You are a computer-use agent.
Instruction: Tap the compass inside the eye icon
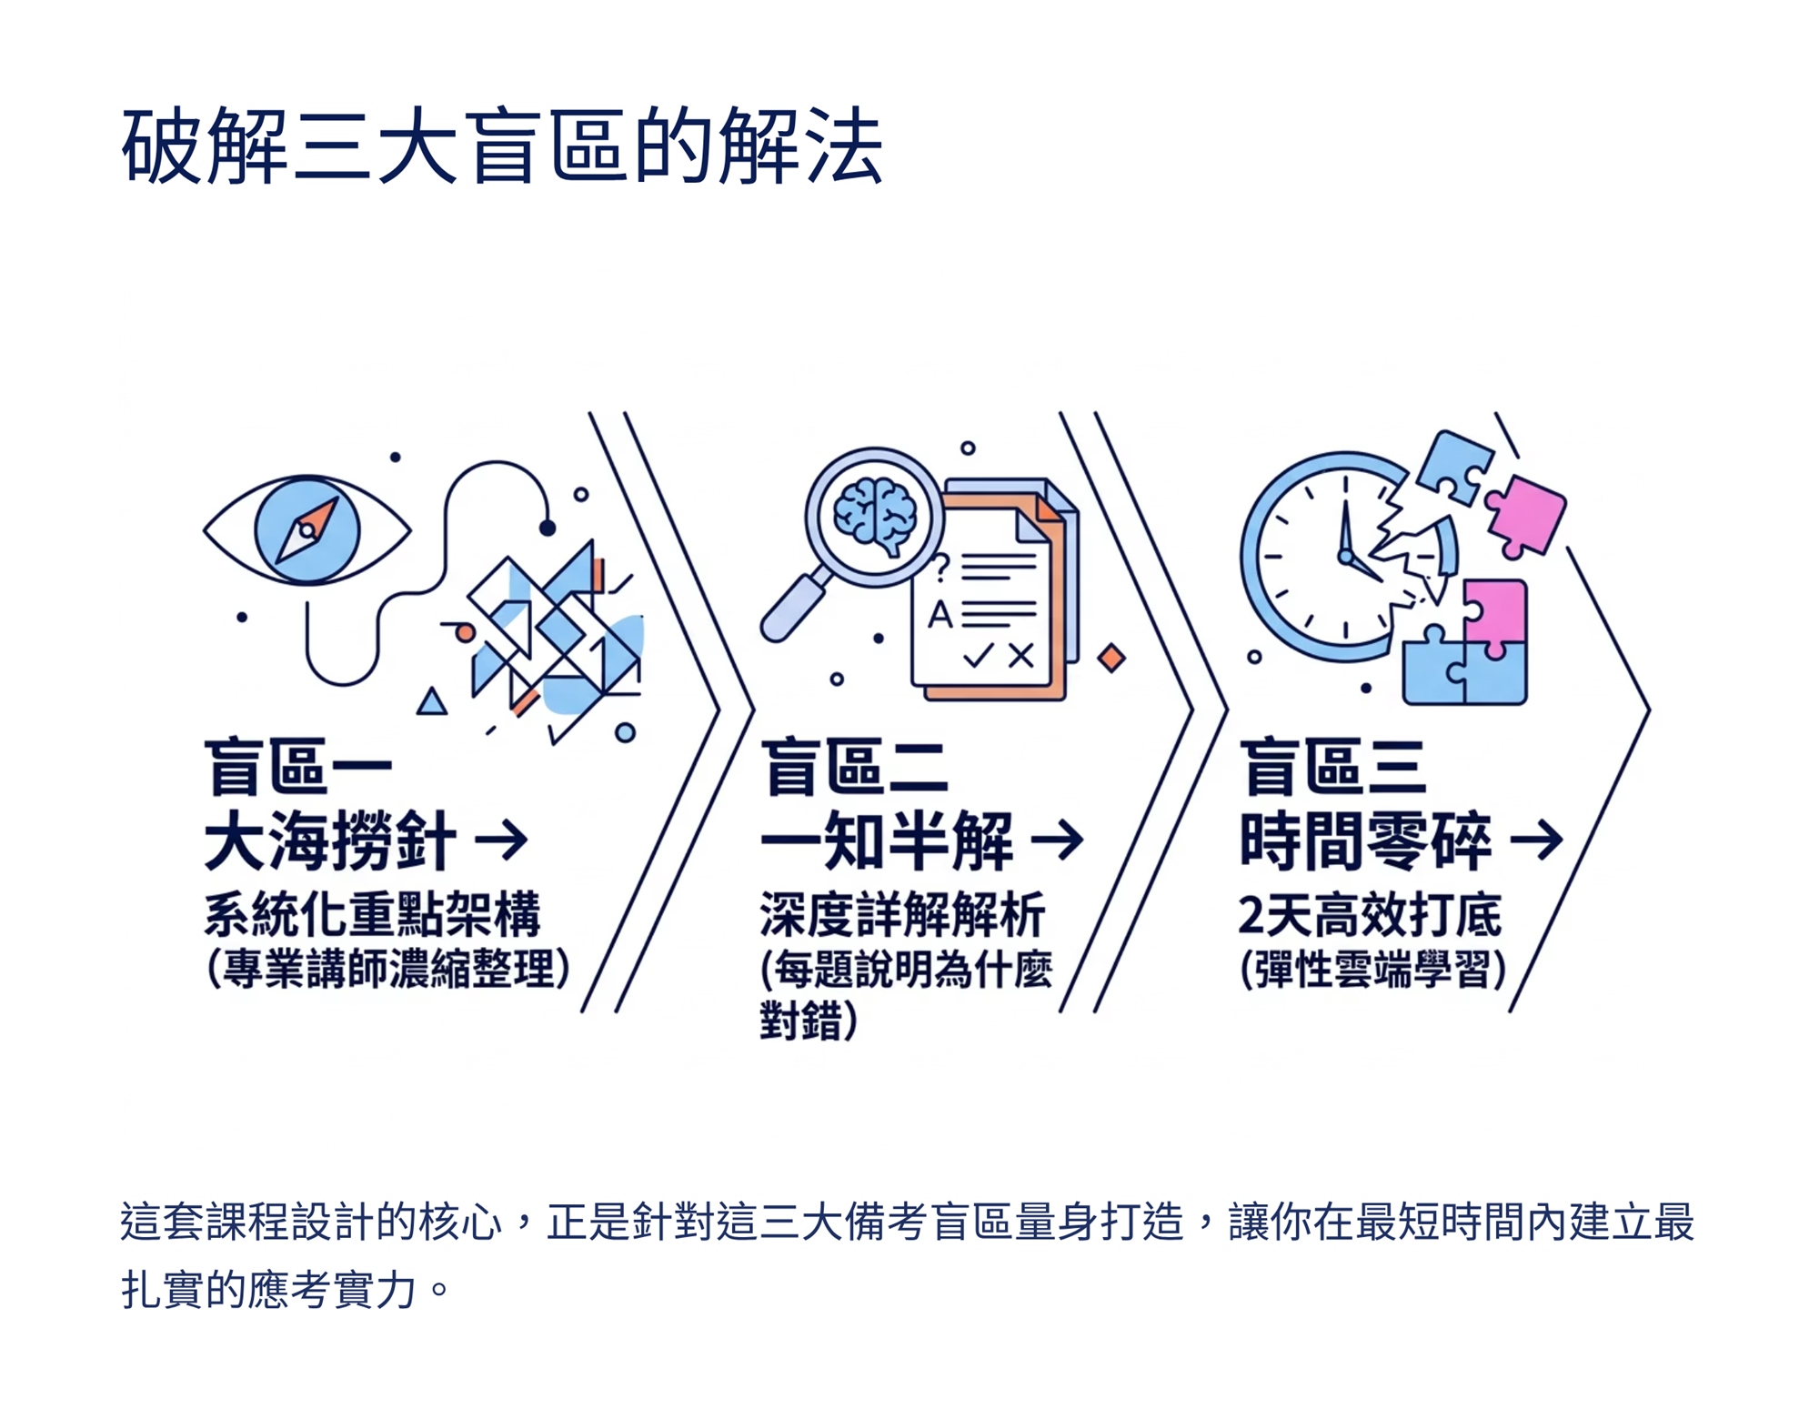[x=307, y=529]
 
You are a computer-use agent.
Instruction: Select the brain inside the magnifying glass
[x=875, y=515]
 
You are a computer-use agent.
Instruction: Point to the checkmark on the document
[x=978, y=656]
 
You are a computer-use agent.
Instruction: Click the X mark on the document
[x=1020, y=656]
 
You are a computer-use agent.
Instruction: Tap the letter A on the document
[x=940, y=615]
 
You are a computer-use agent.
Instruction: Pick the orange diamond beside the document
[x=1110, y=657]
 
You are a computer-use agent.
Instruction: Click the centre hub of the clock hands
[x=1345, y=556]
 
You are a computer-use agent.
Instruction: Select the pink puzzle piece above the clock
[x=1526, y=514]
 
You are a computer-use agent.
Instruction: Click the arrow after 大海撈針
[x=502, y=839]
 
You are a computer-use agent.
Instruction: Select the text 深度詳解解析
[x=902, y=914]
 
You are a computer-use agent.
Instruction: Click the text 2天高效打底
[x=1369, y=914]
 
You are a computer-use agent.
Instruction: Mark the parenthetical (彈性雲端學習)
[x=1372, y=969]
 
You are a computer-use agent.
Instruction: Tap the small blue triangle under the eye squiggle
[x=432, y=703]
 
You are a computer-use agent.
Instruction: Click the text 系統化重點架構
[x=372, y=914]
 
